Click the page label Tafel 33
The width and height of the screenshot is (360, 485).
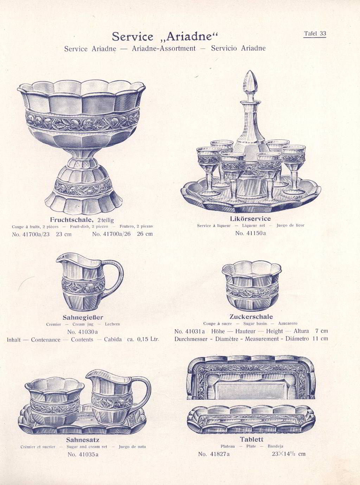click(x=315, y=34)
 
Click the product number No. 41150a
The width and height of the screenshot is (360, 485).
click(x=251, y=233)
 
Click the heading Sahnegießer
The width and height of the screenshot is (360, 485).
click(x=83, y=317)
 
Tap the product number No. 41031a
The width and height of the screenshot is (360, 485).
click(x=189, y=331)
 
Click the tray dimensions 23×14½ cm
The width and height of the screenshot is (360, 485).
click(x=289, y=454)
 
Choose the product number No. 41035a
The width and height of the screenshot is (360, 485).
click(x=83, y=454)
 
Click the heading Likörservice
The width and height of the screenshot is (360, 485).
click(x=251, y=219)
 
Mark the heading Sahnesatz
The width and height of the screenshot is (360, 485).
click(x=83, y=440)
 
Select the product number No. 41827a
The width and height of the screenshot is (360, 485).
click(x=214, y=454)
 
